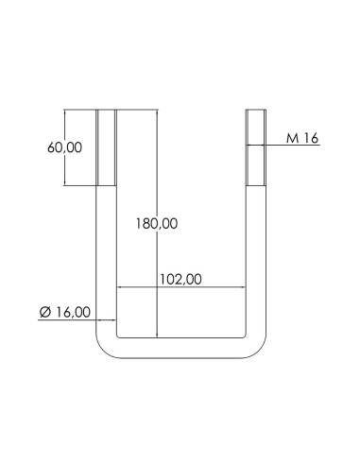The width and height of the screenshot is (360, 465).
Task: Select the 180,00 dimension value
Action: (158, 224)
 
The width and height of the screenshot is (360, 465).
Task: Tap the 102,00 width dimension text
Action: (181, 279)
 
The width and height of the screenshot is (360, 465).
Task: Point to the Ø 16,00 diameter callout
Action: (65, 312)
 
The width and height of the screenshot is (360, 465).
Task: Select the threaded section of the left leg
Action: (106, 148)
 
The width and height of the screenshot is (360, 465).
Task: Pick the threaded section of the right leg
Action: (256, 148)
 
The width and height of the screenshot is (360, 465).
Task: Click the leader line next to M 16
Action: (276, 145)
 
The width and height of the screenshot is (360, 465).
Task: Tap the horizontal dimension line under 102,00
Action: (217, 287)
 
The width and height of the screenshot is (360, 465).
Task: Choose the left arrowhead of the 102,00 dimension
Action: (118, 287)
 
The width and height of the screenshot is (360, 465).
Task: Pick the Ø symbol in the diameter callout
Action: (44, 312)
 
